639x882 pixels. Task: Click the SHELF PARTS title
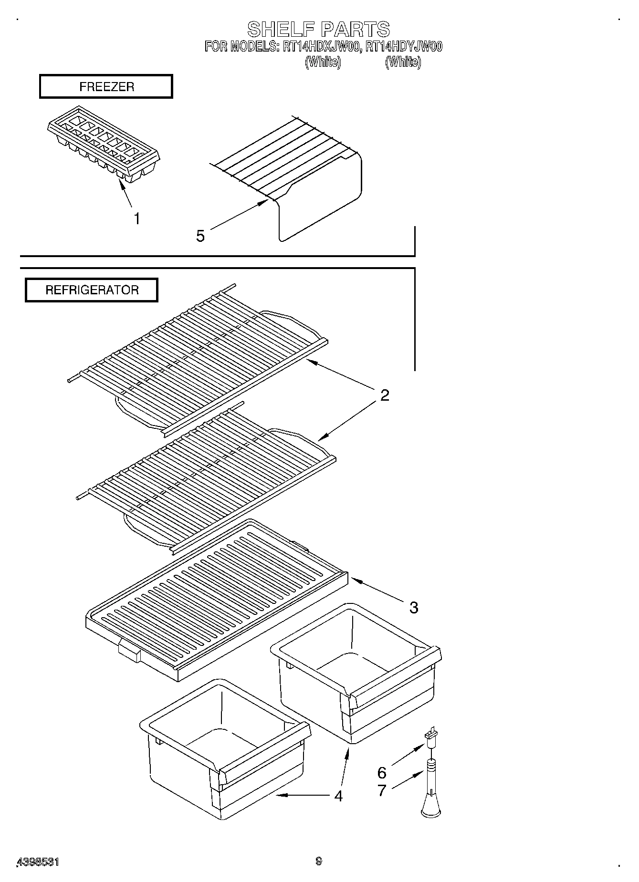point(318,30)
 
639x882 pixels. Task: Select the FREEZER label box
point(106,87)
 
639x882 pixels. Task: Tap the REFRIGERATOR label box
point(92,290)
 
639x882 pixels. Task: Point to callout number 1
point(137,219)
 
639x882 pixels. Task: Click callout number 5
point(200,236)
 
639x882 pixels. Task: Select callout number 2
point(385,395)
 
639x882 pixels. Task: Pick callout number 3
point(413,607)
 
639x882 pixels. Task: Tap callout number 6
point(382,772)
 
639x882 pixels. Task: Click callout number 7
point(382,790)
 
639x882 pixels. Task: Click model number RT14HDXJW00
point(319,47)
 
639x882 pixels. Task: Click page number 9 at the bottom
point(319,861)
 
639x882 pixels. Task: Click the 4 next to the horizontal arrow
point(338,796)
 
